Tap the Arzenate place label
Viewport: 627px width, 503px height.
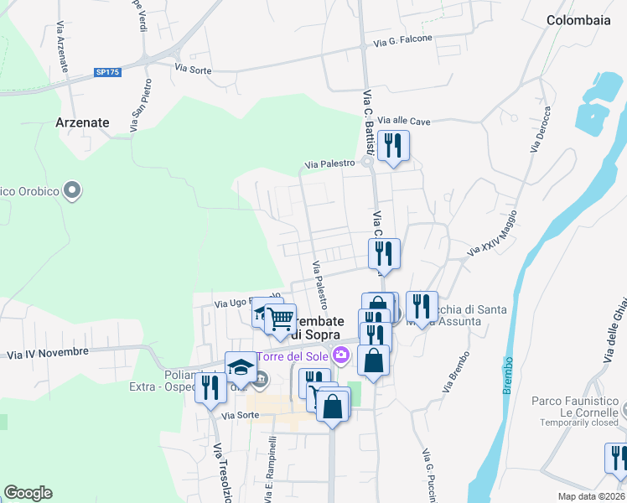coord(82,122)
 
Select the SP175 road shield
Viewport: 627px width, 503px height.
coord(108,73)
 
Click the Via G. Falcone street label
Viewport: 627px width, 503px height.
coord(403,39)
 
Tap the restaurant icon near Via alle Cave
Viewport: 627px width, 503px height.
coord(393,147)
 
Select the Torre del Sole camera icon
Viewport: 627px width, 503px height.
coord(340,355)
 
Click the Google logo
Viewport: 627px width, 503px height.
coord(28,493)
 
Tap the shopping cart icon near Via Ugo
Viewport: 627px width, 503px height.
coord(280,319)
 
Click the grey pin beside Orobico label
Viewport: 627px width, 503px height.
coord(72,190)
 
